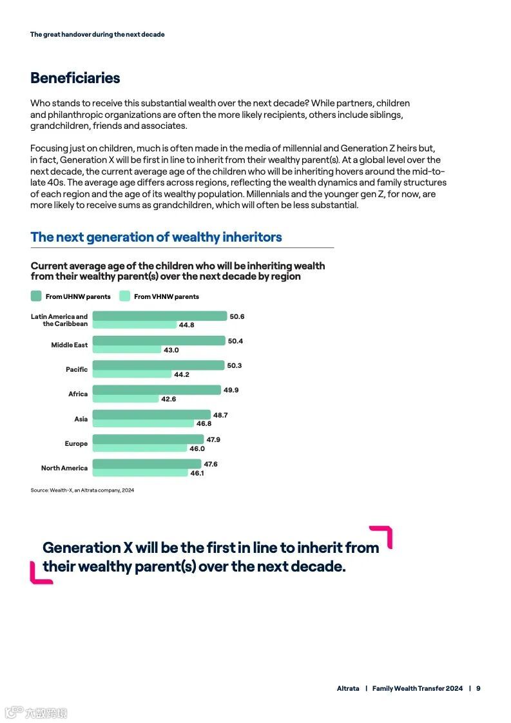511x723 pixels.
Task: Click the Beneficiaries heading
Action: point(75,78)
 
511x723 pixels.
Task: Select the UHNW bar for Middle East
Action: point(159,341)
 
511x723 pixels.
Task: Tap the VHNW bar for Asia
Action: point(143,423)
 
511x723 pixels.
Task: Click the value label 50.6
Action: point(237,316)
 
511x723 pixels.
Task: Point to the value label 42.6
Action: point(168,399)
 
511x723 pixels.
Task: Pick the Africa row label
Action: point(78,394)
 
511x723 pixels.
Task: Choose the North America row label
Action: point(64,468)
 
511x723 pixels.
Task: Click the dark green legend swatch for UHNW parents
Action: point(36,296)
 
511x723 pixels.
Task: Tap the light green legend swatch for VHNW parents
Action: point(125,296)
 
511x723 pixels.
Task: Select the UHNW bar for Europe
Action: point(148,439)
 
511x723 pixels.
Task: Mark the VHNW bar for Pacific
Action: point(132,374)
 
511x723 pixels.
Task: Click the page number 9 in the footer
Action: point(478,688)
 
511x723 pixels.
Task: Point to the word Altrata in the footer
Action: point(348,688)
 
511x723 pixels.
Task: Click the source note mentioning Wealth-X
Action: point(82,490)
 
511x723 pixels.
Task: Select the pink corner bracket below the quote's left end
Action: point(37,575)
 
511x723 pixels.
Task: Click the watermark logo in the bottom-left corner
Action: point(35,713)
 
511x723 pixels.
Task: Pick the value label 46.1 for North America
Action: point(197,473)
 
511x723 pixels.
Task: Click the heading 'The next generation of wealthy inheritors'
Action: point(156,237)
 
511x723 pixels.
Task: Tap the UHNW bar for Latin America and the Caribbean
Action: point(160,316)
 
